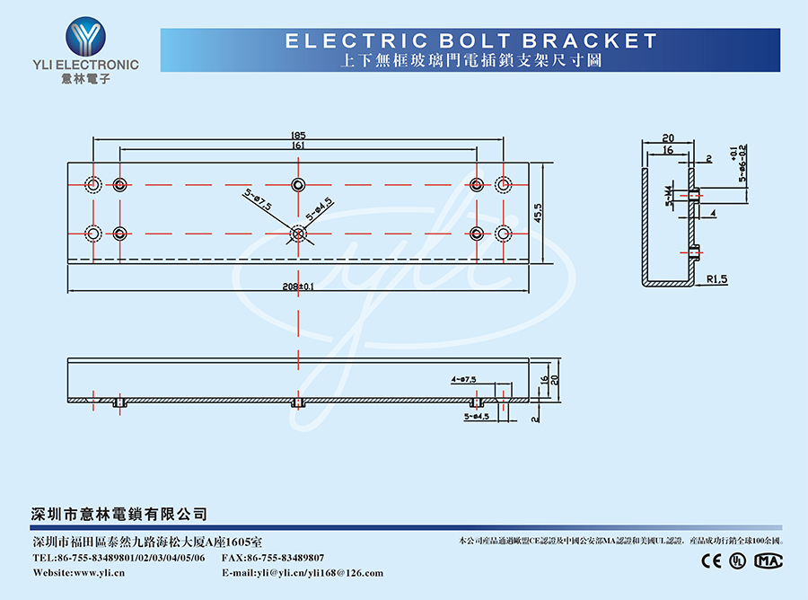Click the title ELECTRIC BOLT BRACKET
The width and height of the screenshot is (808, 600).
470,40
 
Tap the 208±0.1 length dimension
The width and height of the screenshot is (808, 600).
297,287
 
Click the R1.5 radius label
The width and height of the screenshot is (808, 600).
716,279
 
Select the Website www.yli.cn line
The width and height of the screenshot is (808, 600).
79,573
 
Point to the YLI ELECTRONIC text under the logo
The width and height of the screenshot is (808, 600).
85,65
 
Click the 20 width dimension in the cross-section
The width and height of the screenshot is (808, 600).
668,138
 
